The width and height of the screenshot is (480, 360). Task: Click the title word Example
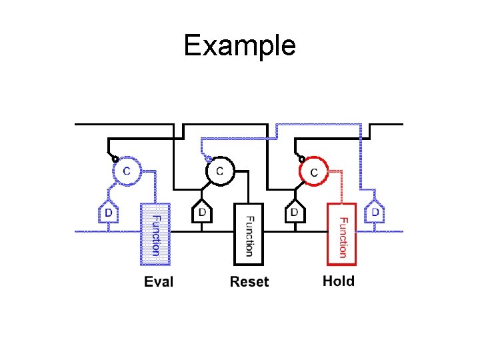pyautogui.click(x=239, y=45)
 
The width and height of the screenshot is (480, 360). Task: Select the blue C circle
pyautogui.click(x=127, y=171)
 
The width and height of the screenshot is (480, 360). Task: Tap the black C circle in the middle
pyautogui.click(x=220, y=171)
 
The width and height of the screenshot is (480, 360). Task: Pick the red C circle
pyautogui.click(x=314, y=171)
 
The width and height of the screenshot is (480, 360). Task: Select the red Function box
pyautogui.click(x=341, y=233)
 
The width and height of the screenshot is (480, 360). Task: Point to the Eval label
pyautogui.click(x=159, y=282)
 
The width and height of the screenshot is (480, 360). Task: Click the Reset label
pyautogui.click(x=249, y=282)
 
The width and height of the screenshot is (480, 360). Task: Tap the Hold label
pyautogui.click(x=339, y=281)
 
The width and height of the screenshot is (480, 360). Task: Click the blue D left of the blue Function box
pyautogui.click(x=108, y=213)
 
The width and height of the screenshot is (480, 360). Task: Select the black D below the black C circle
pyautogui.click(x=202, y=212)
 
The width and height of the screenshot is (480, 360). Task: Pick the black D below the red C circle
pyautogui.click(x=295, y=212)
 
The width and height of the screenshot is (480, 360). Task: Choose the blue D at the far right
pyautogui.click(x=377, y=212)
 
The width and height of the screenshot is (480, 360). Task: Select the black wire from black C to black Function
pyautogui.click(x=247, y=187)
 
